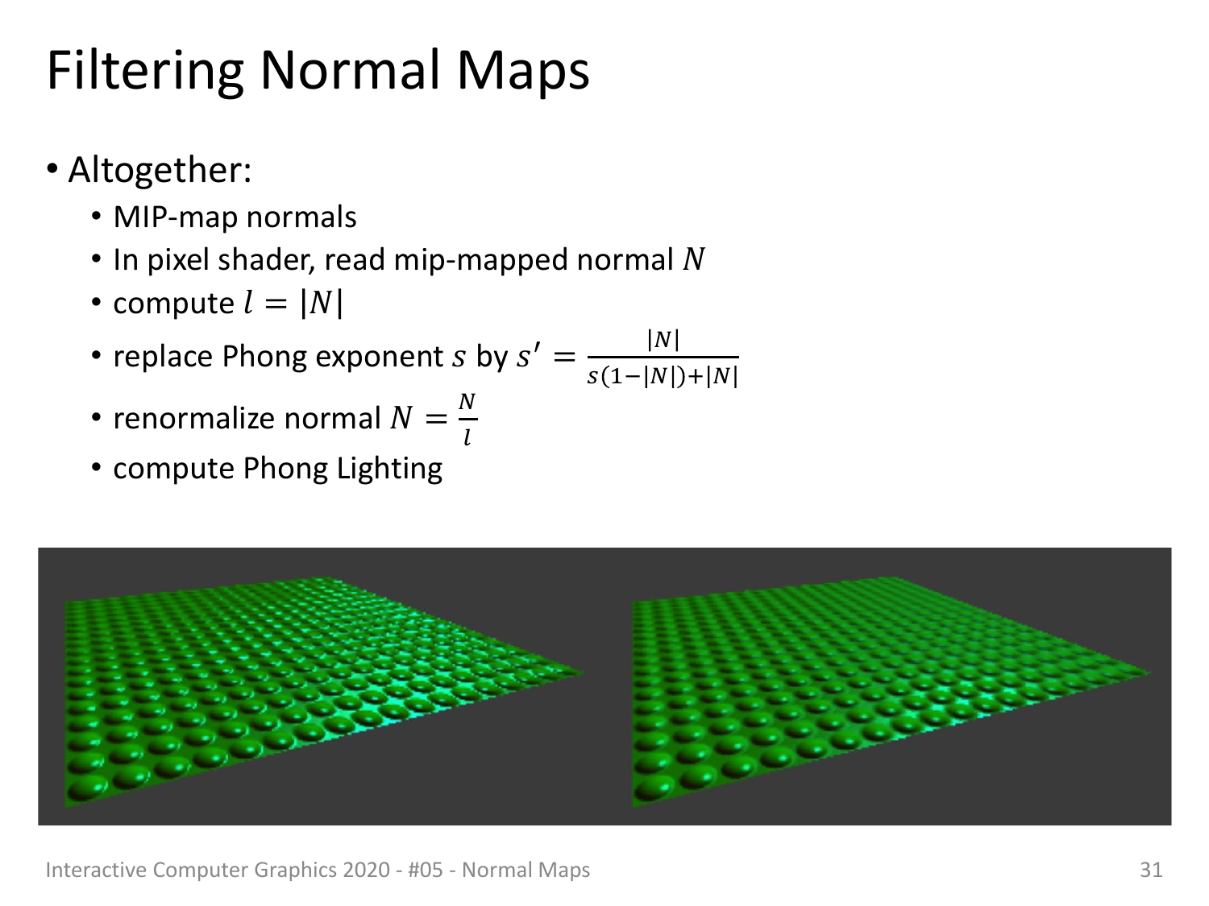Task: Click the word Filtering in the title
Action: [x=145, y=71]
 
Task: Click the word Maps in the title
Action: [x=523, y=71]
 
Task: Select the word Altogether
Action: [x=160, y=170]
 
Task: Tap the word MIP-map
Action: [x=177, y=217]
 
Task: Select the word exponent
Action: [x=379, y=358]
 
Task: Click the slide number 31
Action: [x=1151, y=870]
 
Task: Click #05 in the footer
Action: [x=426, y=870]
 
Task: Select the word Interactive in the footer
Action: [x=96, y=870]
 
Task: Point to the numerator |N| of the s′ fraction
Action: [x=663, y=339]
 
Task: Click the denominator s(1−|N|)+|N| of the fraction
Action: [x=663, y=377]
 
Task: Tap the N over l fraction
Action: [x=467, y=419]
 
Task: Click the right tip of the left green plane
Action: [x=583, y=672]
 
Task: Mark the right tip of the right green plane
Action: [x=1150, y=672]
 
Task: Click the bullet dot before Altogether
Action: [x=52, y=169]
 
